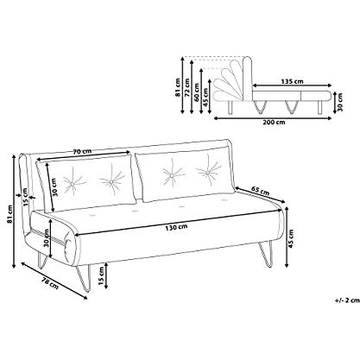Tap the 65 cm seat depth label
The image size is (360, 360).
(260, 192)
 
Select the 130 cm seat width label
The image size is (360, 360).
(176, 227)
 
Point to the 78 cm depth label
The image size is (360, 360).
(50, 283)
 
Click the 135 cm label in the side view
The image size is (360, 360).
(292, 81)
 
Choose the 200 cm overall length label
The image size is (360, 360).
(274, 122)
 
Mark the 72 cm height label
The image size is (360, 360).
(187, 87)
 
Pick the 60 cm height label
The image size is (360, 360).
(197, 92)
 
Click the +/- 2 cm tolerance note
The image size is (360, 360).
(347, 300)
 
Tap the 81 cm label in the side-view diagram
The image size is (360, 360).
(178, 87)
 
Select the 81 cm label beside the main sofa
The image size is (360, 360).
(10, 214)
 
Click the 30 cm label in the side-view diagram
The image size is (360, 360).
(340, 102)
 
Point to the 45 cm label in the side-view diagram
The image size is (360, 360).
(205, 97)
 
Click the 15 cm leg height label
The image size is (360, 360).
(101, 276)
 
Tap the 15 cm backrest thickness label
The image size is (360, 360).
(26, 197)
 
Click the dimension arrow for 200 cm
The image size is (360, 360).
(273, 117)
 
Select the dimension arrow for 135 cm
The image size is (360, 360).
(292, 85)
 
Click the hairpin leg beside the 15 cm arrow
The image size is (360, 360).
(84, 278)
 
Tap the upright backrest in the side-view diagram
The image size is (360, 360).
(247, 79)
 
